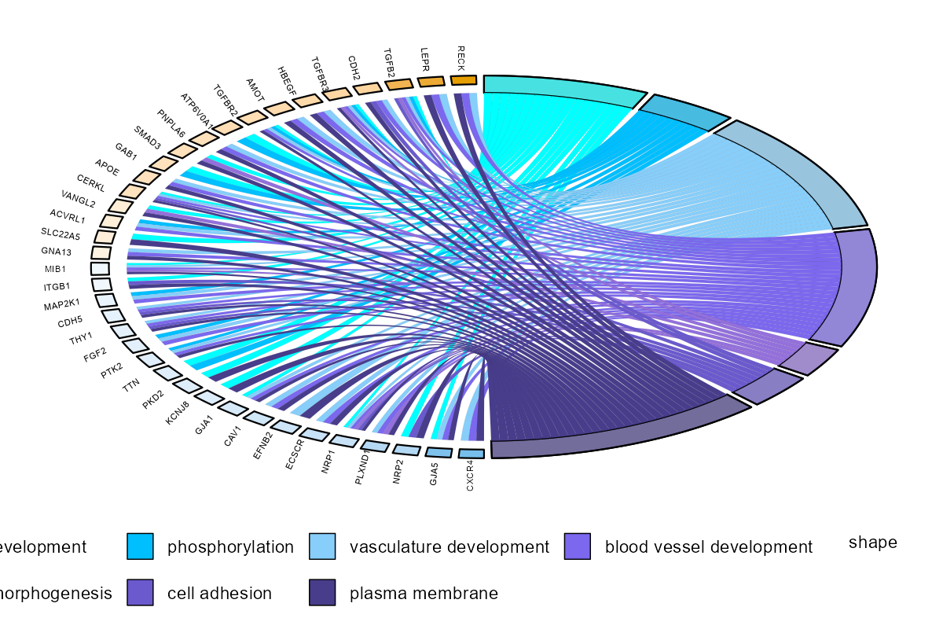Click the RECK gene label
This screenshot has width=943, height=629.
point(462,57)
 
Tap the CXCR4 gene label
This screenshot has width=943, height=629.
point(470,477)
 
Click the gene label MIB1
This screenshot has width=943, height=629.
point(56,269)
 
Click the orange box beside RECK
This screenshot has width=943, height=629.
point(464,80)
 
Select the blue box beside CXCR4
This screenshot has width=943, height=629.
point(471,454)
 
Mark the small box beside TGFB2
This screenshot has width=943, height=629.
point(398,84)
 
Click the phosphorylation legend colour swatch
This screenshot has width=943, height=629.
point(140,546)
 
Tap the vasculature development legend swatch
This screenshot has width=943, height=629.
point(322,546)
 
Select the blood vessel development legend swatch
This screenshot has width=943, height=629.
point(578,546)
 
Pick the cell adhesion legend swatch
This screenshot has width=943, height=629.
point(140,593)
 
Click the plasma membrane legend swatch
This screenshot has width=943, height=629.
point(322,593)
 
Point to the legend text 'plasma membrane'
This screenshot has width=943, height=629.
point(424,594)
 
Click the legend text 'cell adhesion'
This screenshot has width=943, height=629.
point(219,594)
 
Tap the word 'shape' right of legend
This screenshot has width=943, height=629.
point(872,543)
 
